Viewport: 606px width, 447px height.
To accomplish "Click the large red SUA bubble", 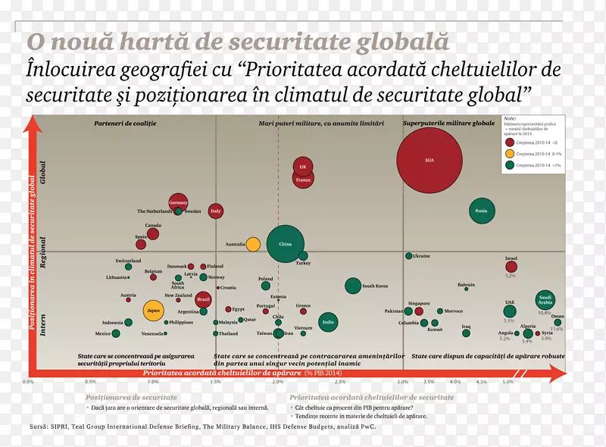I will [430, 160].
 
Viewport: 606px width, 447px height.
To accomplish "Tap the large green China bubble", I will [286, 244].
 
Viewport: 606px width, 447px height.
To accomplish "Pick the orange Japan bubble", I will [154, 310].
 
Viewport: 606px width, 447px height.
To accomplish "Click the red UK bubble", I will [303, 167].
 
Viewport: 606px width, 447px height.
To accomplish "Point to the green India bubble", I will [328, 322].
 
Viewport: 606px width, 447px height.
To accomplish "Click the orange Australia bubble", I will [253, 244].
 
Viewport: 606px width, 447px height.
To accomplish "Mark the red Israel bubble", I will [511, 266].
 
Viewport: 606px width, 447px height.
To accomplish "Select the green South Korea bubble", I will [353, 286].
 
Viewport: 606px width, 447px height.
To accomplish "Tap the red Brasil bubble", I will [203, 299].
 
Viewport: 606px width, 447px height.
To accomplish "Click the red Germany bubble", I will [178, 203].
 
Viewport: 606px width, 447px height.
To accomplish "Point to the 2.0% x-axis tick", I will [278, 382].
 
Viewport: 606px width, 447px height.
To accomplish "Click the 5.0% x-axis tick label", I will [508, 382].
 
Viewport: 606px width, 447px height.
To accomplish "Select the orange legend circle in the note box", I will [511, 153].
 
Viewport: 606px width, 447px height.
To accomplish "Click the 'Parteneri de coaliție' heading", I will [120, 123].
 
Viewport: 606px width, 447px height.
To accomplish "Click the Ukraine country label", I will [421, 256].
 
